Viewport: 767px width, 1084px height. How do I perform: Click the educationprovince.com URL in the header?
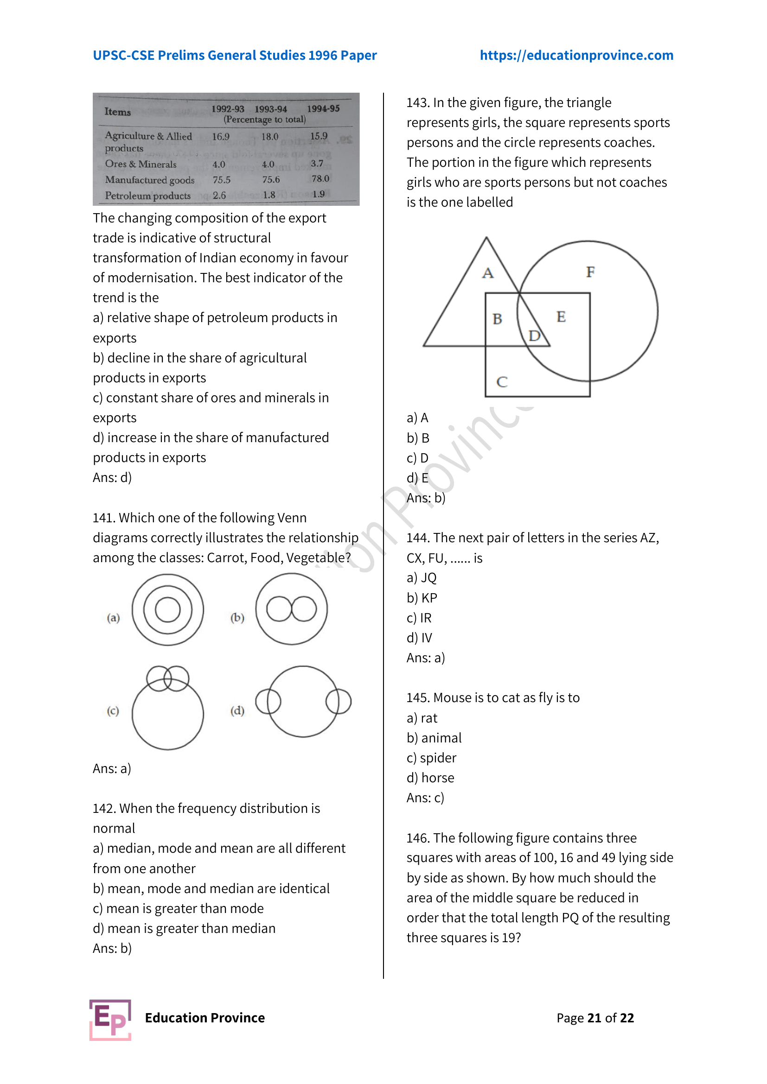pyautogui.click(x=576, y=55)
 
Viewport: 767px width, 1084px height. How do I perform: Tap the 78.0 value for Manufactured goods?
pyautogui.click(x=320, y=179)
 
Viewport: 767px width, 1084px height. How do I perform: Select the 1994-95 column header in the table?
pyautogui.click(x=323, y=108)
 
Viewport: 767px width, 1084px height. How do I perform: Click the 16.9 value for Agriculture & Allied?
pyautogui.click(x=221, y=137)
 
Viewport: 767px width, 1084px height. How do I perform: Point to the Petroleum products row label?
pyautogui.click(x=148, y=196)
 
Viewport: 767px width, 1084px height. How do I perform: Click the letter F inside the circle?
pyautogui.click(x=590, y=272)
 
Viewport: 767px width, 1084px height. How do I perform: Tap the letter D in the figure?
pyautogui.click(x=534, y=336)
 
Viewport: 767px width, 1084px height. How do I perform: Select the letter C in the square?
pyautogui.click(x=502, y=381)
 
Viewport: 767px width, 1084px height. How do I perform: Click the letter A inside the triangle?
pyautogui.click(x=488, y=273)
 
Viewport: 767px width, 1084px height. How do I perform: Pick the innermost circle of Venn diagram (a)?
pyautogui.click(x=168, y=609)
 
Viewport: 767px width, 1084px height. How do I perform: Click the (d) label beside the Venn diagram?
pyautogui.click(x=237, y=710)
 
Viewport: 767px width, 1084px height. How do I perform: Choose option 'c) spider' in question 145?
pyautogui.click(x=431, y=758)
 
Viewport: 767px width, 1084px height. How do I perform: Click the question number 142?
pyautogui.click(x=104, y=809)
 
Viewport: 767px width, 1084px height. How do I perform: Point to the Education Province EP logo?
pyautogui.click(x=110, y=1020)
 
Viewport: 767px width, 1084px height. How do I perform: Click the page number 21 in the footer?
pyautogui.click(x=594, y=1018)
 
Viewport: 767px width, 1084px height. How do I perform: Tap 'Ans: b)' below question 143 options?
pyautogui.click(x=426, y=498)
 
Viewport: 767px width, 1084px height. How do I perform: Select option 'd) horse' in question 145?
pyautogui.click(x=430, y=778)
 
